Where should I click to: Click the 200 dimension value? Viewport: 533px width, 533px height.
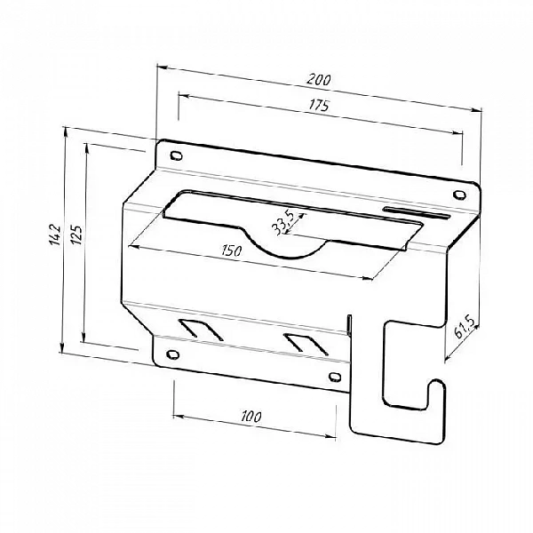[319, 80]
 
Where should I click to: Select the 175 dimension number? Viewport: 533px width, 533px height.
[319, 106]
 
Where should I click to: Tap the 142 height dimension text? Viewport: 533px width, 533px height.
[55, 235]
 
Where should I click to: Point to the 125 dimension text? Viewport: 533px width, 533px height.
[76, 235]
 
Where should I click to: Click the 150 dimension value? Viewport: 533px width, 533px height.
[232, 251]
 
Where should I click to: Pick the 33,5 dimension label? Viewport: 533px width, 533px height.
[282, 223]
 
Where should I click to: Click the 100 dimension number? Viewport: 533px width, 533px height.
[251, 417]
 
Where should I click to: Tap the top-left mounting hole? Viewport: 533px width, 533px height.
[176, 155]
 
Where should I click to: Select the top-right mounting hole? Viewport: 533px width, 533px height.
[459, 195]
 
